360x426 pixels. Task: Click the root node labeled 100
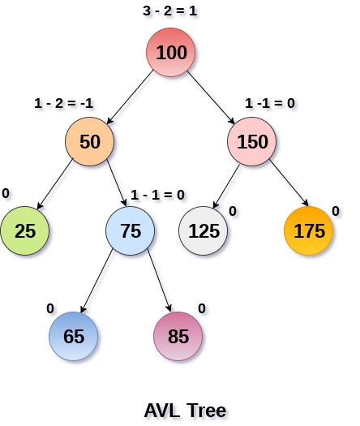(x=171, y=53)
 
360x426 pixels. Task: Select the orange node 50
(x=90, y=142)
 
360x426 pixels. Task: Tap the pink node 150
(x=252, y=142)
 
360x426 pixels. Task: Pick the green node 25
(x=25, y=230)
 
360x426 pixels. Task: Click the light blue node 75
(x=131, y=230)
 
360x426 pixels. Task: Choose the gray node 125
(x=204, y=230)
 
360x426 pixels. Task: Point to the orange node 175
(x=309, y=230)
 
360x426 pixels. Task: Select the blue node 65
(x=74, y=336)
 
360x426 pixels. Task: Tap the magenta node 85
(x=178, y=336)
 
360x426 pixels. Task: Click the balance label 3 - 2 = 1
(x=170, y=12)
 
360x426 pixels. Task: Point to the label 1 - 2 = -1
(x=64, y=104)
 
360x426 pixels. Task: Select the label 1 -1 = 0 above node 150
(x=270, y=104)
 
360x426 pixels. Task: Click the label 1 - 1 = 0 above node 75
(x=157, y=195)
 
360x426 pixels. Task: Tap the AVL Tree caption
(x=185, y=410)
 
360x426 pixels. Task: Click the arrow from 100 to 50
(x=130, y=97)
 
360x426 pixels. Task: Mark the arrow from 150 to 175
(x=289, y=185)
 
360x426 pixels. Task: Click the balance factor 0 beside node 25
(x=6, y=194)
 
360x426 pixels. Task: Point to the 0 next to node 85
(x=202, y=308)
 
